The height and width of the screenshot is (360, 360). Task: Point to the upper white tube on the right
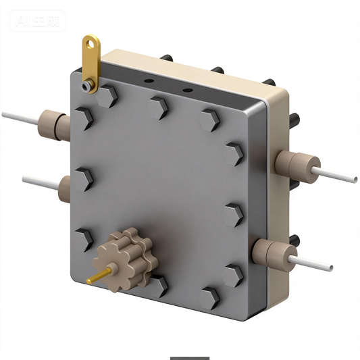click(338, 175)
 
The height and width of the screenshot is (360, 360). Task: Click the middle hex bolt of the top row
click(159, 106)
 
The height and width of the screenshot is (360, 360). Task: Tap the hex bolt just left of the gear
click(84, 238)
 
